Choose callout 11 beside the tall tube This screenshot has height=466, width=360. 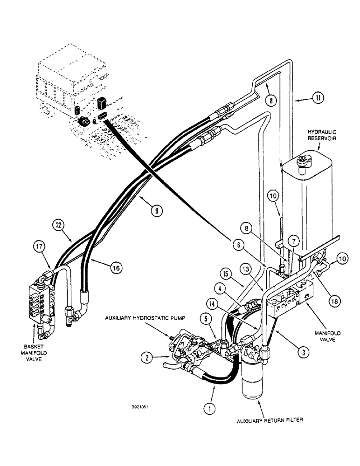coord(318,98)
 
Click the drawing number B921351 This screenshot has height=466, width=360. coord(140,407)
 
